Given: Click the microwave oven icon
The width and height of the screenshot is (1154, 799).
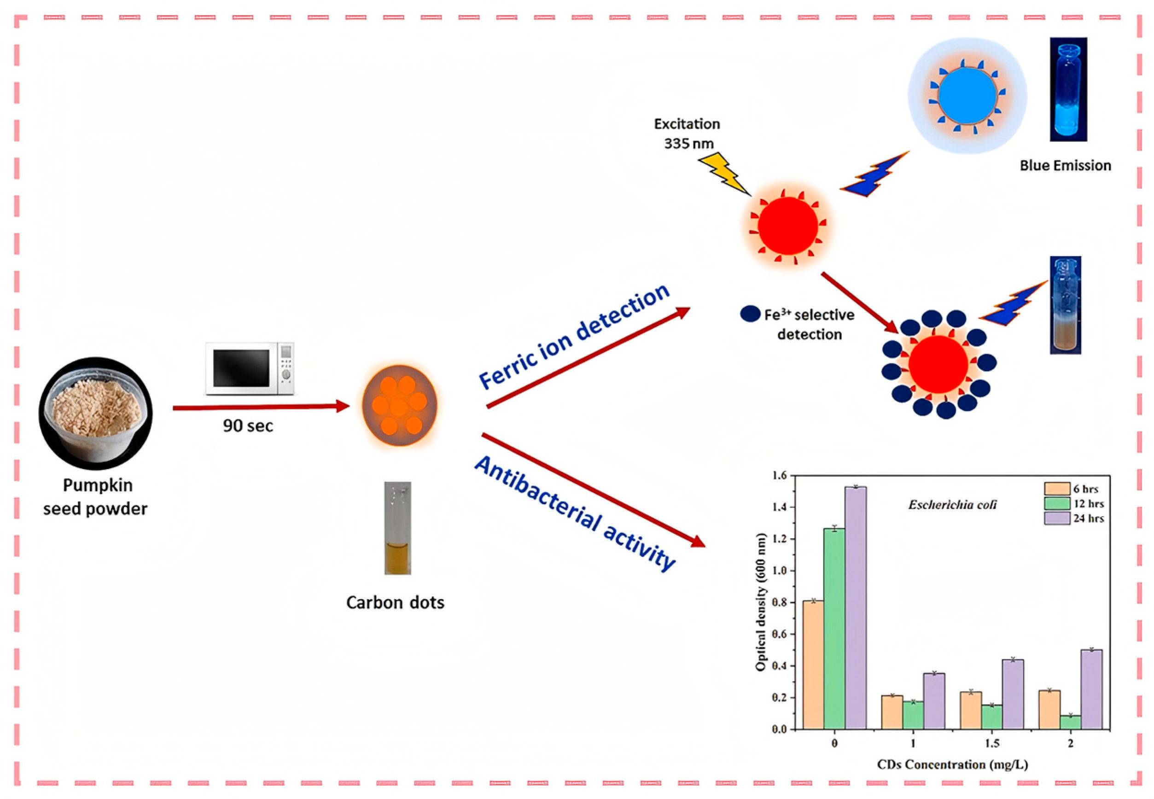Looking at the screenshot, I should click(249, 369).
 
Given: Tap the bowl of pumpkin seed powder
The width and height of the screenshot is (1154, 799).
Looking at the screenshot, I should click(96, 413).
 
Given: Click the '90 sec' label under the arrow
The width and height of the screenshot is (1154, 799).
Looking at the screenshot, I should click(248, 426).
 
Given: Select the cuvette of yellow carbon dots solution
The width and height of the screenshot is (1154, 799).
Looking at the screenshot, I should click(397, 528).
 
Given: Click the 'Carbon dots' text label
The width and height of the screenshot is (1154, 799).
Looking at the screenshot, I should click(395, 602).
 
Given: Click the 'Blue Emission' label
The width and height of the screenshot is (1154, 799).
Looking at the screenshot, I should click(1065, 166).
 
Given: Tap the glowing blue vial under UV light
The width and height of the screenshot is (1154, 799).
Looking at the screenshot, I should click(1068, 90).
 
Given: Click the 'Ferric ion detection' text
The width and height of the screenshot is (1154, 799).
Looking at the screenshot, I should click(574, 337).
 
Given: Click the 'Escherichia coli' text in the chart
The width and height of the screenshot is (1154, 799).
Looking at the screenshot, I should click(952, 505).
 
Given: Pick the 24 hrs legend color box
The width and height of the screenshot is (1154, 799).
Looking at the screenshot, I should click(1057, 518).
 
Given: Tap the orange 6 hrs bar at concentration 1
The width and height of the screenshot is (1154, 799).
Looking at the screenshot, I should click(892, 712).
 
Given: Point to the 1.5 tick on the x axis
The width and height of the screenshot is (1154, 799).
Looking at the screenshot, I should click(992, 743).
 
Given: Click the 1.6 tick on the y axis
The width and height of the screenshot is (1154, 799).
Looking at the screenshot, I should click(780, 475).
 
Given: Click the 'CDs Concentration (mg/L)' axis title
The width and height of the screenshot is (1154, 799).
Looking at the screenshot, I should click(952, 764).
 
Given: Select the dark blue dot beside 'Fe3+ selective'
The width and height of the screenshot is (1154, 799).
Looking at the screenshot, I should click(750, 314).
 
